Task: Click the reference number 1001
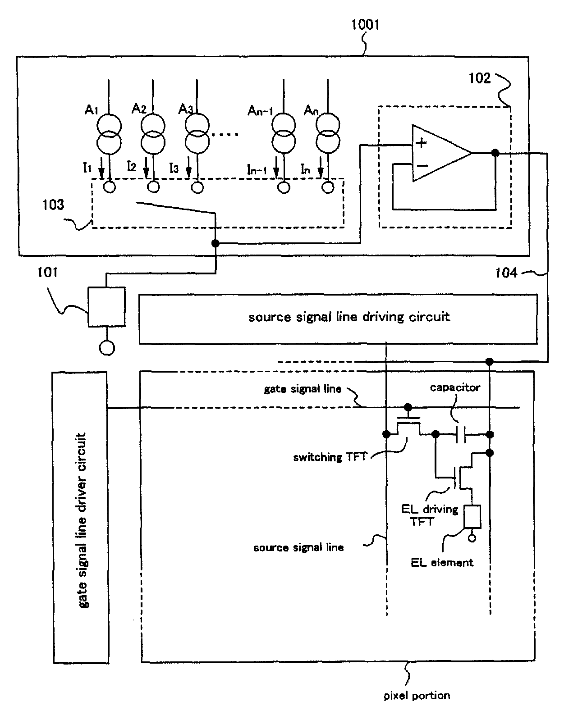(x=365, y=25)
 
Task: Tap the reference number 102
(x=480, y=78)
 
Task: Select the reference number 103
(x=53, y=205)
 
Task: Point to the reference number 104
(x=506, y=273)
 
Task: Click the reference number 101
(x=47, y=272)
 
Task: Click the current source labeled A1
(x=109, y=134)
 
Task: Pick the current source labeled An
(x=328, y=134)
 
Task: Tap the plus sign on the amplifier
(x=422, y=143)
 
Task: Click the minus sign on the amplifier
(x=422, y=165)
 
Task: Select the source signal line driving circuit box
(x=338, y=319)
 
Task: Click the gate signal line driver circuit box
(x=80, y=518)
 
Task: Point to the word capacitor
(x=455, y=387)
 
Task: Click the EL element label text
(x=442, y=563)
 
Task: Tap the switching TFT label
(x=330, y=457)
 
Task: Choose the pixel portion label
(x=417, y=695)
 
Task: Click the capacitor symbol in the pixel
(x=461, y=434)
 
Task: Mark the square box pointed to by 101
(x=106, y=307)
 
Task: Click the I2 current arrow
(x=146, y=168)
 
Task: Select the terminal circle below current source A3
(x=197, y=187)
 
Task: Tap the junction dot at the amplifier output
(x=495, y=153)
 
